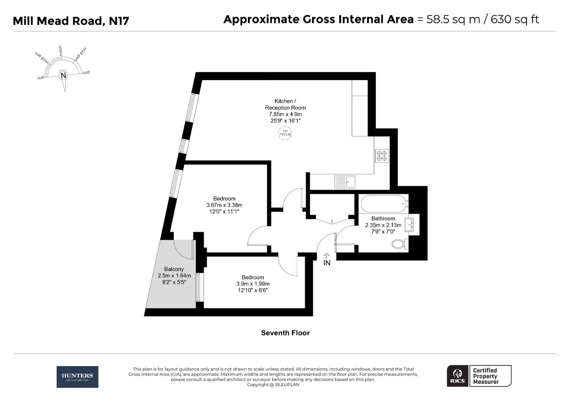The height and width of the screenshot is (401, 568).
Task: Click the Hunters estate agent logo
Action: click(77, 377)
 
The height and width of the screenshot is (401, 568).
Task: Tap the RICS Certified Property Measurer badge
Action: click(479, 376)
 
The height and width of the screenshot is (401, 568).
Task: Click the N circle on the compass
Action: click(64, 76)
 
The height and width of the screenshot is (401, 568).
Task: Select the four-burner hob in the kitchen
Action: click(382, 156)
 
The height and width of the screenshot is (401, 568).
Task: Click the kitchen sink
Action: click(345, 182)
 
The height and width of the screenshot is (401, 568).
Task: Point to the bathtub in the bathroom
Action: click(383, 203)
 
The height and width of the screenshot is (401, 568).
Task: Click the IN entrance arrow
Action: click(327, 260)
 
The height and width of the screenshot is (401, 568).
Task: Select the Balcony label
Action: click(174, 269)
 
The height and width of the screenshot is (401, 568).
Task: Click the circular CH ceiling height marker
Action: click(285, 133)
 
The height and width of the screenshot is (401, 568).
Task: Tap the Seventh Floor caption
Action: click(285, 333)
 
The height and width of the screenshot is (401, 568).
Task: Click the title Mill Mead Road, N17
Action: click(71, 21)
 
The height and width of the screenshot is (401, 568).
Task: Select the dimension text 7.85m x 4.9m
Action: click(285, 114)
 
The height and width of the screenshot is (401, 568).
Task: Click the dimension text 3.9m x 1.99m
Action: click(253, 284)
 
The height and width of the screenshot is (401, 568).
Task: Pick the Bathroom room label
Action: click(383, 219)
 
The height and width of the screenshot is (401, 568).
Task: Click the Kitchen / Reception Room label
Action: click(285, 104)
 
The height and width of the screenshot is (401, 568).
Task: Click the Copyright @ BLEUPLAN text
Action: click(273, 385)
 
